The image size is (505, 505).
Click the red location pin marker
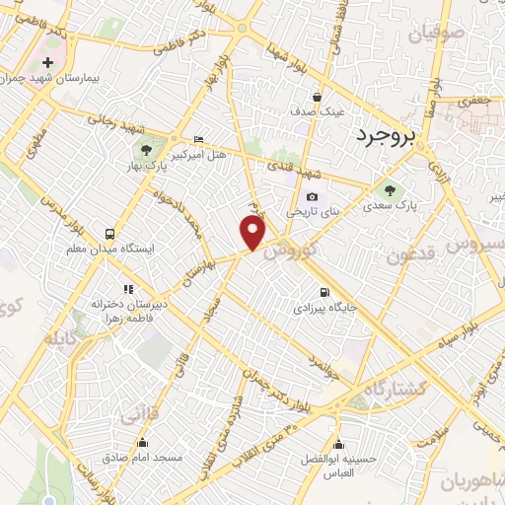click(x=252, y=234)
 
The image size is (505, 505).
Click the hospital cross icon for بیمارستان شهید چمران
click(x=47, y=63)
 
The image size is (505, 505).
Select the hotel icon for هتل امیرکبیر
click(x=200, y=139)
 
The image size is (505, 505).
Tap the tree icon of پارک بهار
click(x=147, y=151)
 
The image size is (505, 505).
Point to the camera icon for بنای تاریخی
click(x=314, y=196)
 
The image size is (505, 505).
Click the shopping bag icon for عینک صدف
click(x=317, y=97)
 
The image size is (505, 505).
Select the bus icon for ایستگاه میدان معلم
click(x=108, y=235)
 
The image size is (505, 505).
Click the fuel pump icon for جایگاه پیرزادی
click(x=325, y=291)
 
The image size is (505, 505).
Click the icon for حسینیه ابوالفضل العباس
click(x=338, y=443)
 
